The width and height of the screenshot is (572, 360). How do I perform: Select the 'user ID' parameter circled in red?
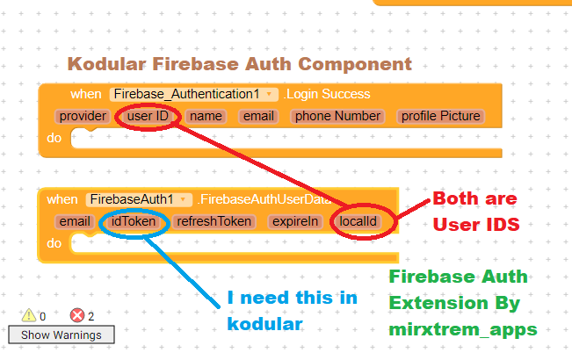click(x=147, y=116)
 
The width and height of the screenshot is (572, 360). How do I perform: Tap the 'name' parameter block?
click(x=206, y=116)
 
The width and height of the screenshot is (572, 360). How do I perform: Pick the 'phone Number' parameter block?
click(x=337, y=116)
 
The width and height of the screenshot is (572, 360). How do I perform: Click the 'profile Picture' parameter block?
click(x=440, y=116)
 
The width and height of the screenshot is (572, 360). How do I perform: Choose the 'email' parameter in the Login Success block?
click(x=258, y=116)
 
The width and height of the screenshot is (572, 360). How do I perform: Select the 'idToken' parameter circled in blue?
click(x=134, y=222)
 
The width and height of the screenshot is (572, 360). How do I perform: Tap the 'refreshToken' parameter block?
click(x=214, y=222)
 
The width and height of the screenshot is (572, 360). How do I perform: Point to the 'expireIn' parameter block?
click(x=295, y=222)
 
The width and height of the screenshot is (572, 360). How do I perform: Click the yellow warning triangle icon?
click(x=28, y=316)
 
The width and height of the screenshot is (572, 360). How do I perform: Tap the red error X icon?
click(x=76, y=316)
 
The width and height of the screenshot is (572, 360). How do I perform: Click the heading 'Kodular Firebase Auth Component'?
click(x=240, y=64)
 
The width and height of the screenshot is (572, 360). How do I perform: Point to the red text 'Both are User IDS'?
click(x=475, y=212)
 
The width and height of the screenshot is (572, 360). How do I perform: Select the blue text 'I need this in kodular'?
click(x=292, y=310)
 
